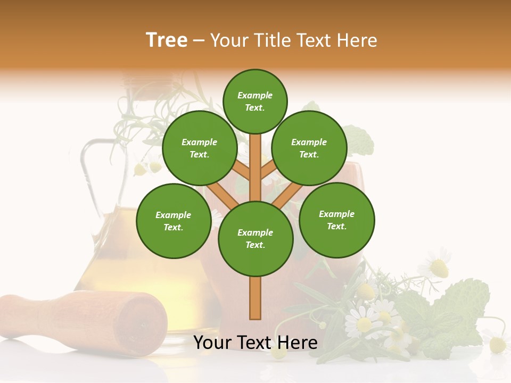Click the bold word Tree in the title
(x=167, y=40)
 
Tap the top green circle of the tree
(x=255, y=101)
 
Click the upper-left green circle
(x=199, y=148)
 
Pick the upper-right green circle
(x=309, y=148)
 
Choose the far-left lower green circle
(x=174, y=221)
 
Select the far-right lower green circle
(x=336, y=220)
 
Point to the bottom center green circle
(x=256, y=238)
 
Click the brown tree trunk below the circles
(x=256, y=298)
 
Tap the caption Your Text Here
(x=256, y=343)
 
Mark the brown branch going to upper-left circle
(x=241, y=170)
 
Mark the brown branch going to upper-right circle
(x=269, y=170)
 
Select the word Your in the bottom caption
(x=213, y=343)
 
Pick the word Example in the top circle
(x=255, y=96)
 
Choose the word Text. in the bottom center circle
(x=255, y=245)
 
